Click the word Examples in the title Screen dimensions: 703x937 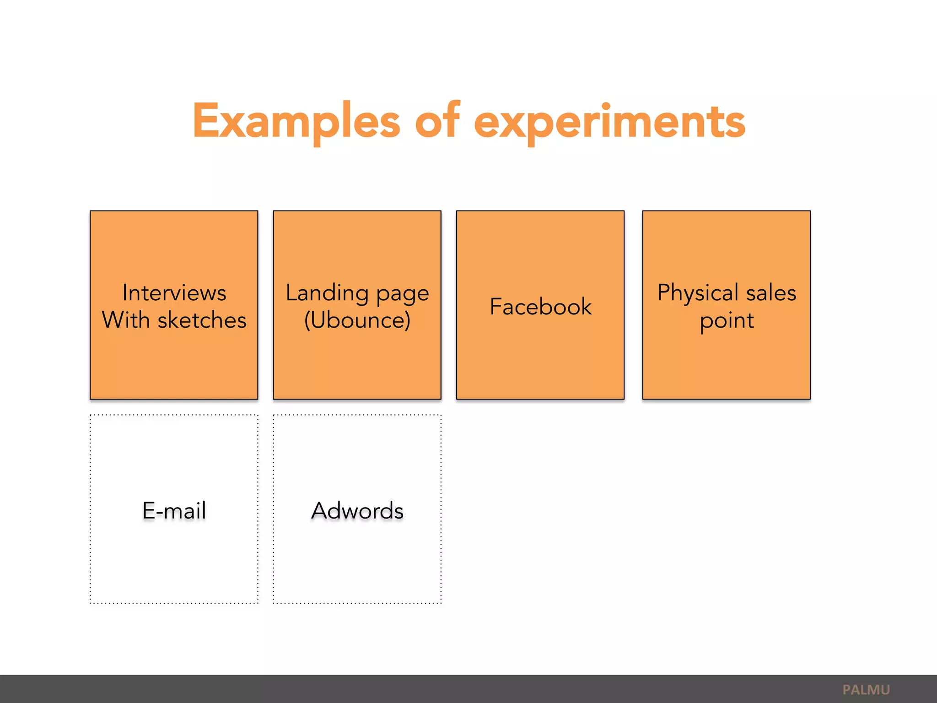(x=296, y=121)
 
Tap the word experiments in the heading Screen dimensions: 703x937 (x=609, y=121)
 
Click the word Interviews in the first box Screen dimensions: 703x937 (x=174, y=293)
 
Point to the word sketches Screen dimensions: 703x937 (x=202, y=320)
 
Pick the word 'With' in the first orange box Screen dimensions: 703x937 (x=126, y=320)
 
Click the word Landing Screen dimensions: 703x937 (x=327, y=293)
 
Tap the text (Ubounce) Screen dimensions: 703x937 (x=357, y=320)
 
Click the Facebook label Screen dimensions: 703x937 (x=540, y=306)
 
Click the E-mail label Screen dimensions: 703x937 (x=174, y=510)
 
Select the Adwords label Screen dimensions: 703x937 (x=357, y=510)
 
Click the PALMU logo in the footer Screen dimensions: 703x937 (x=866, y=690)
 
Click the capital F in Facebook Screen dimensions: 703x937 (x=496, y=306)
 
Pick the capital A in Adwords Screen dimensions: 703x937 (x=320, y=510)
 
